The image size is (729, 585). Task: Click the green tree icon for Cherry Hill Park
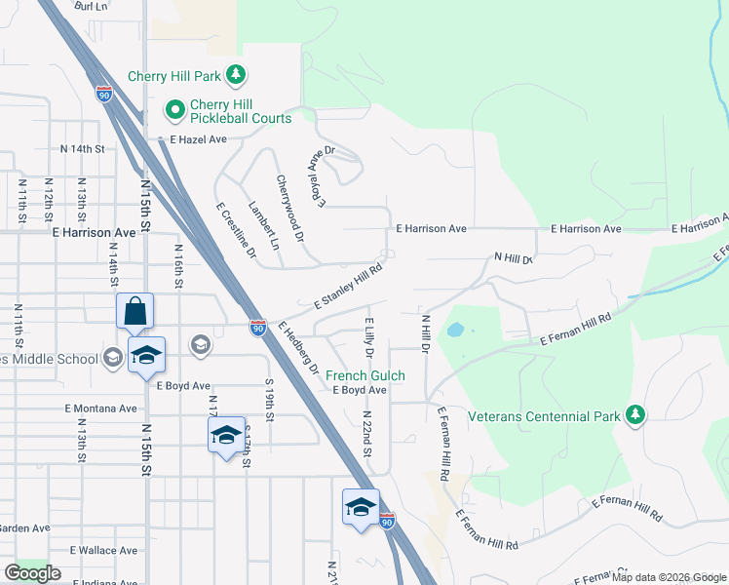tap(235, 74)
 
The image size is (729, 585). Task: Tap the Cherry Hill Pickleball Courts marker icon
tap(175, 110)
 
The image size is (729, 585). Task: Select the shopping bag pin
tap(135, 312)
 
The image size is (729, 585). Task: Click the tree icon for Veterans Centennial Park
tap(635, 416)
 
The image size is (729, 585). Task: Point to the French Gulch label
tap(364, 375)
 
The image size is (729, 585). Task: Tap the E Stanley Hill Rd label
tap(348, 291)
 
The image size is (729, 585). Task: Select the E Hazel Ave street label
tap(198, 139)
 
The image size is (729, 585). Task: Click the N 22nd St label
tap(365, 428)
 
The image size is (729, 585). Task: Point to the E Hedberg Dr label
tap(298, 346)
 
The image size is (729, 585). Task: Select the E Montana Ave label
tap(101, 409)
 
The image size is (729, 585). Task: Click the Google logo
tap(32, 572)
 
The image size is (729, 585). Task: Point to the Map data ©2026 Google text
tap(669, 577)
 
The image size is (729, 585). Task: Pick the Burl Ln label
tap(90, 6)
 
